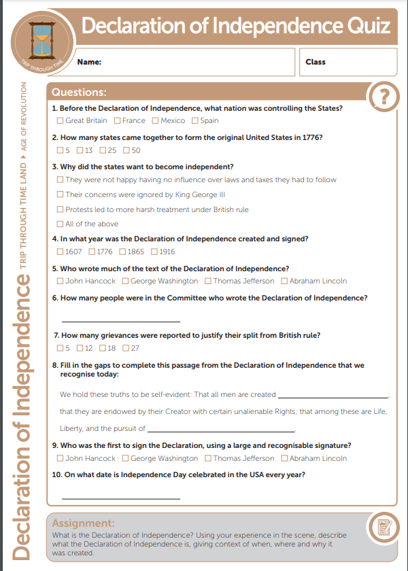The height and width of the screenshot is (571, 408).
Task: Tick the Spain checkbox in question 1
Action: tap(195, 121)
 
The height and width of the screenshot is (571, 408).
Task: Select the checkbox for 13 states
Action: tap(80, 150)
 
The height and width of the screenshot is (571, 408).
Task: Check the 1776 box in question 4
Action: tap(92, 252)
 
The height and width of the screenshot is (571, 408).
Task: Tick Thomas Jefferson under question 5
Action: tap(209, 281)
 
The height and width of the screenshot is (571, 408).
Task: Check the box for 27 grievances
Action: tap(126, 348)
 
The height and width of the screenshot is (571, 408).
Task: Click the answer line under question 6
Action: tap(121, 319)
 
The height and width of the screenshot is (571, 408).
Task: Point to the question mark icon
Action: tap(384, 97)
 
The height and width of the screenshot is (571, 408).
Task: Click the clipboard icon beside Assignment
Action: tap(381, 527)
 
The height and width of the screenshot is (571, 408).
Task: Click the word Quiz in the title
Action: tap(368, 27)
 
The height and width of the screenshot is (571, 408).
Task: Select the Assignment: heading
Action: tap(84, 523)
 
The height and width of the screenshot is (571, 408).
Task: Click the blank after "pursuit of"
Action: tap(221, 430)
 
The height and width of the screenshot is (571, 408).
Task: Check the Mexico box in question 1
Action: tap(155, 121)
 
